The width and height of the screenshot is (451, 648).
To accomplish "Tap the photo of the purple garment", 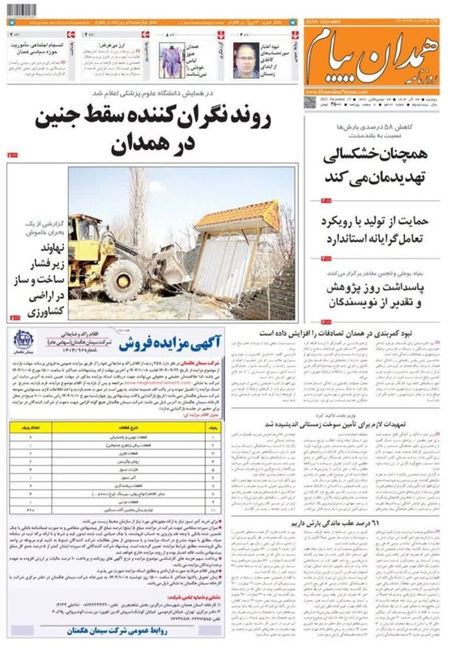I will [x=171, y=61].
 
